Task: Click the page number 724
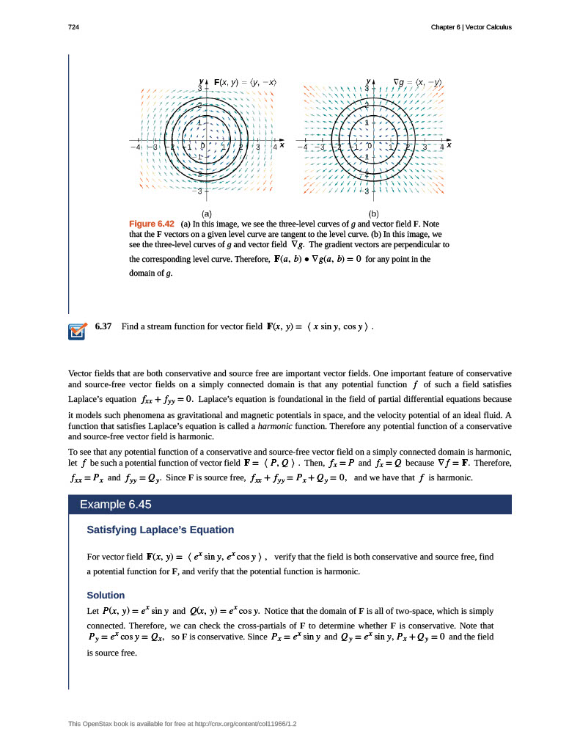coord(73,27)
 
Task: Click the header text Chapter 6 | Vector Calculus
coord(472,27)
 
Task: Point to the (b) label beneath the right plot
coord(373,213)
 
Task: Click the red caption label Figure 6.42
coord(151,223)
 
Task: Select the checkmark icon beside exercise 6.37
coord(76,331)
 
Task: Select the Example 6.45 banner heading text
coord(115,505)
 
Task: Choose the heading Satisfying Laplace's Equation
coord(161,530)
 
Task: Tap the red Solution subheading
coord(106,595)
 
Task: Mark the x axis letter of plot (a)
coord(282,145)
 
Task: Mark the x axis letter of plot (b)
coord(449,145)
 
